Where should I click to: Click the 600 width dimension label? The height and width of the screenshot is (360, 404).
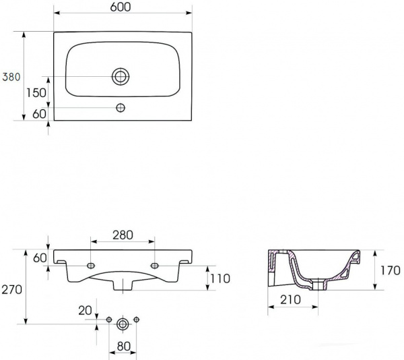click(121, 7)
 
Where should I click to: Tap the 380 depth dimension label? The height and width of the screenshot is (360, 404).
click(11, 77)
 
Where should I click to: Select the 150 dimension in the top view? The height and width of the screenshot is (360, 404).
click(36, 92)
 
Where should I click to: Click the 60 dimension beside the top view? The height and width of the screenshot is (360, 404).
click(39, 114)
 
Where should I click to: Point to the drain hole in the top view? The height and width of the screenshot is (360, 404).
click(121, 77)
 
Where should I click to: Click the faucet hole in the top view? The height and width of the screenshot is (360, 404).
click(121, 108)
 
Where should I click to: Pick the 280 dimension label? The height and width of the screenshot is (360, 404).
click(123, 235)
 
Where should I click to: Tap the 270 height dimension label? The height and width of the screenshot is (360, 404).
click(12, 290)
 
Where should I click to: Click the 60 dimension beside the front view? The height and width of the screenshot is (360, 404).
click(40, 258)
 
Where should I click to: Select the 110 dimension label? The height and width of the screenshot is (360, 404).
click(220, 279)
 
